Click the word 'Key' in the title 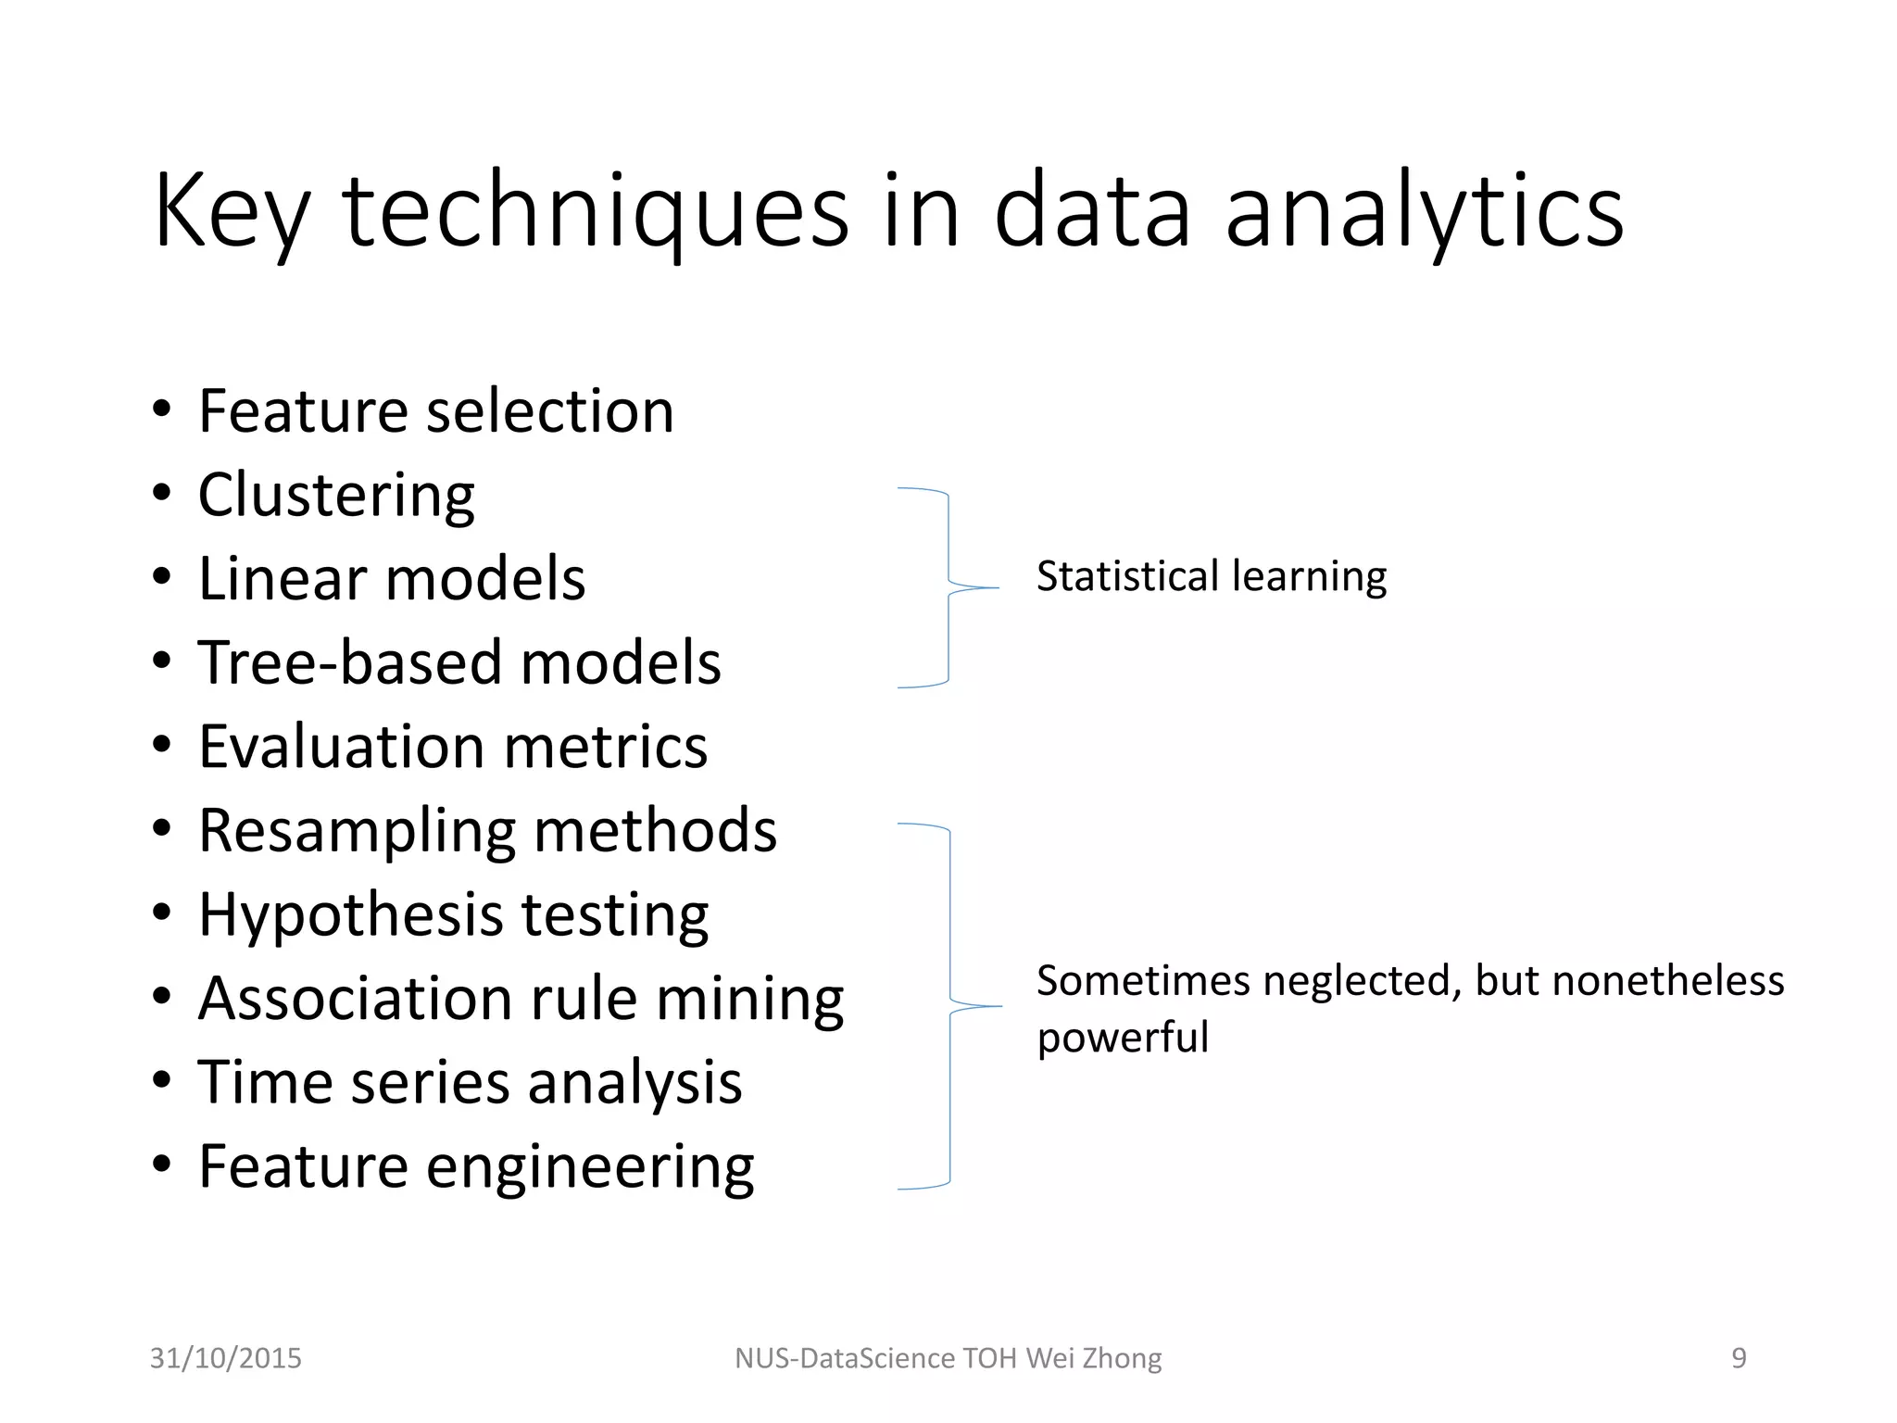point(231,211)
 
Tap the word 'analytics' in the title point(1424,211)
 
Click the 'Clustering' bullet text point(336,495)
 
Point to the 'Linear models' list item point(392,579)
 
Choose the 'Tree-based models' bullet point(459,662)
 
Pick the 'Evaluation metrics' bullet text point(453,747)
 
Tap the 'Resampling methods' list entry point(487,830)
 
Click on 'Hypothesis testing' point(453,914)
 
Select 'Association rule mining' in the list point(521,999)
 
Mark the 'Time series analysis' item point(470,1082)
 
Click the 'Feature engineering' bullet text point(476,1166)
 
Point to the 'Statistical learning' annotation point(1212,576)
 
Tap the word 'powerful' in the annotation point(1123,1037)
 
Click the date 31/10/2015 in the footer point(226,1358)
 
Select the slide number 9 point(1739,1358)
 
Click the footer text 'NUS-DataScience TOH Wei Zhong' point(948,1358)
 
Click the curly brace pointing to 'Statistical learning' point(948,587)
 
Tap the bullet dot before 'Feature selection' point(162,409)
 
